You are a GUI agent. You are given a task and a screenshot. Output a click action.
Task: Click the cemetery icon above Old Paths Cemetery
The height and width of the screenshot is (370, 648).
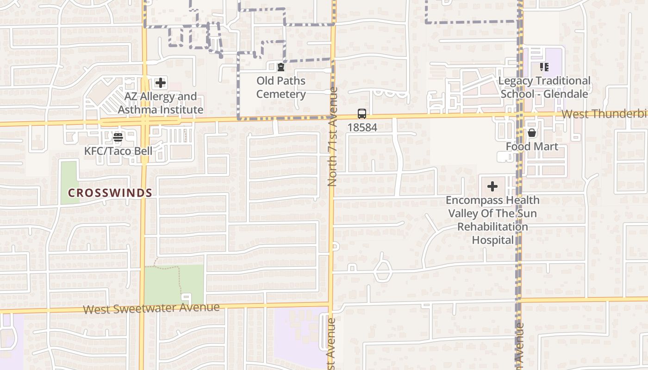tap(281, 68)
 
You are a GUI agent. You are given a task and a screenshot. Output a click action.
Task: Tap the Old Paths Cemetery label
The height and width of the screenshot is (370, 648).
tap(281, 87)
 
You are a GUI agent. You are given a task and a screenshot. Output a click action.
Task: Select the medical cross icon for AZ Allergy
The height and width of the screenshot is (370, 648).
tap(161, 83)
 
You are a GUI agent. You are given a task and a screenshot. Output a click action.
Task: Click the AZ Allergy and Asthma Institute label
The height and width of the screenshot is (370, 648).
tap(161, 103)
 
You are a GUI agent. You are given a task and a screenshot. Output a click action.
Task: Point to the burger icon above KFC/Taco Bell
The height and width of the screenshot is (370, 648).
tap(118, 137)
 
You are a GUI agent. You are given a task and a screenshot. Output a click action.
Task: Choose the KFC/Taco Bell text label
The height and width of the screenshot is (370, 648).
tap(118, 151)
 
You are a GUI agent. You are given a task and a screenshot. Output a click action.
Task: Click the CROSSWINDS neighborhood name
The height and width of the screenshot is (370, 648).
tap(110, 193)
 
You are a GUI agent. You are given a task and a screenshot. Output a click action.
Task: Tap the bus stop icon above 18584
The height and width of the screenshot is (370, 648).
tap(362, 114)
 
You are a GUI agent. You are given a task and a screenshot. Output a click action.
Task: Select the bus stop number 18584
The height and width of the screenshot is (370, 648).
tap(362, 127)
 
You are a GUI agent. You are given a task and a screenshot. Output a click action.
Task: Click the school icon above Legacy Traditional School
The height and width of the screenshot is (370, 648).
tap(544, 68)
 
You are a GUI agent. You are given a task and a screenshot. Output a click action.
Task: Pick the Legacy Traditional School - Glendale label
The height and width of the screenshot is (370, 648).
tap(544, 87)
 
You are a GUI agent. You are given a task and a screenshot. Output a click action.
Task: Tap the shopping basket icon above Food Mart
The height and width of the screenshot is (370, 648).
tap(532, 133)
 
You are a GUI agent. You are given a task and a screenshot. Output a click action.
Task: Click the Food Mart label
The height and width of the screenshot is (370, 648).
tap(532, 147)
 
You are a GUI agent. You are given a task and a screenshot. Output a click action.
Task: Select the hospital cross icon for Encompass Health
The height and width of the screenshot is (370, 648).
tap(492, 186)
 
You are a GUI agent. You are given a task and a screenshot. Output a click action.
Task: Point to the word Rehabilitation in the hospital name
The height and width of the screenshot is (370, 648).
tap(492, 227)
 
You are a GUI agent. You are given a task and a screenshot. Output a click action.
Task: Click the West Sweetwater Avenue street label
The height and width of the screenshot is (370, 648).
tap(151, 308)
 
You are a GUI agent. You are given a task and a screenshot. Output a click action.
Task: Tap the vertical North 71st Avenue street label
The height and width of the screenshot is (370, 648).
tap(332, 136)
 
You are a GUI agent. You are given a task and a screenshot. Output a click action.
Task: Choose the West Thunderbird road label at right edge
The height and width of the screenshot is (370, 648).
tap(604, 114)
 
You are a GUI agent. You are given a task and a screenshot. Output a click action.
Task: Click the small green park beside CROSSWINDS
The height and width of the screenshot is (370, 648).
tap(69, 182)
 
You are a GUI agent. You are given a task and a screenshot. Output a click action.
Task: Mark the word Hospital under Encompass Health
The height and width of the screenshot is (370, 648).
tap(492, 240)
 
